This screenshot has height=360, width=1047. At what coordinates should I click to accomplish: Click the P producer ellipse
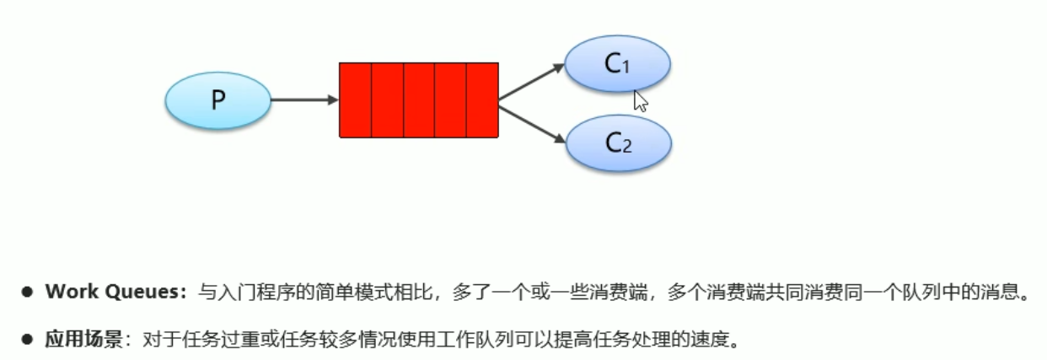[217, 100]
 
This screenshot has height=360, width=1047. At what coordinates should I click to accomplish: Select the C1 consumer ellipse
[617, 64]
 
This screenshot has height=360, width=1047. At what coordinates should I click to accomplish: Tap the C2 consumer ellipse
[618, 142]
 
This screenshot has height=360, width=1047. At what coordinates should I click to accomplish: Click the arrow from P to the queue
[303, 100]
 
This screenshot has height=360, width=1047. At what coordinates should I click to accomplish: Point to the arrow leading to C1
[531, 83]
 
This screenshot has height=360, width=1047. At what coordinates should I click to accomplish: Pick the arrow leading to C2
[531, 120]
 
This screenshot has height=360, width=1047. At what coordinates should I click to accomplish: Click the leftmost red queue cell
[355, 99]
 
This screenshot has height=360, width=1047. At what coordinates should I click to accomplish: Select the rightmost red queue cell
[482, 99]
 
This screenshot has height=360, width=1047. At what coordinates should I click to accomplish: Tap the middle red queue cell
[419, 99]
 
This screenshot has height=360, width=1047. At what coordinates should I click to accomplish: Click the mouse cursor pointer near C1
[640, 101]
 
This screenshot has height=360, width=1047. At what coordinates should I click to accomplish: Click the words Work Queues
[115, 293]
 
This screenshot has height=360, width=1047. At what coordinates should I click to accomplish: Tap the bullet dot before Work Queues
[27, 293]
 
